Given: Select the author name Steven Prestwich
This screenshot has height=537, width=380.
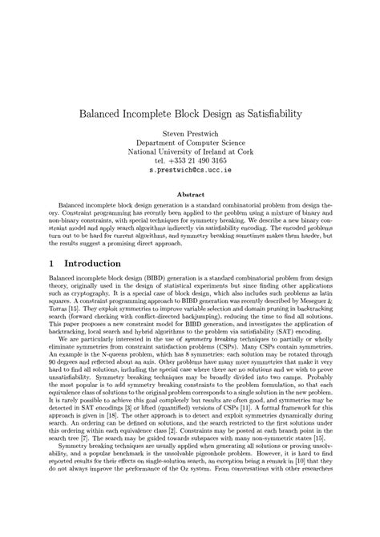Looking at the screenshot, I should [189, 137].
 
